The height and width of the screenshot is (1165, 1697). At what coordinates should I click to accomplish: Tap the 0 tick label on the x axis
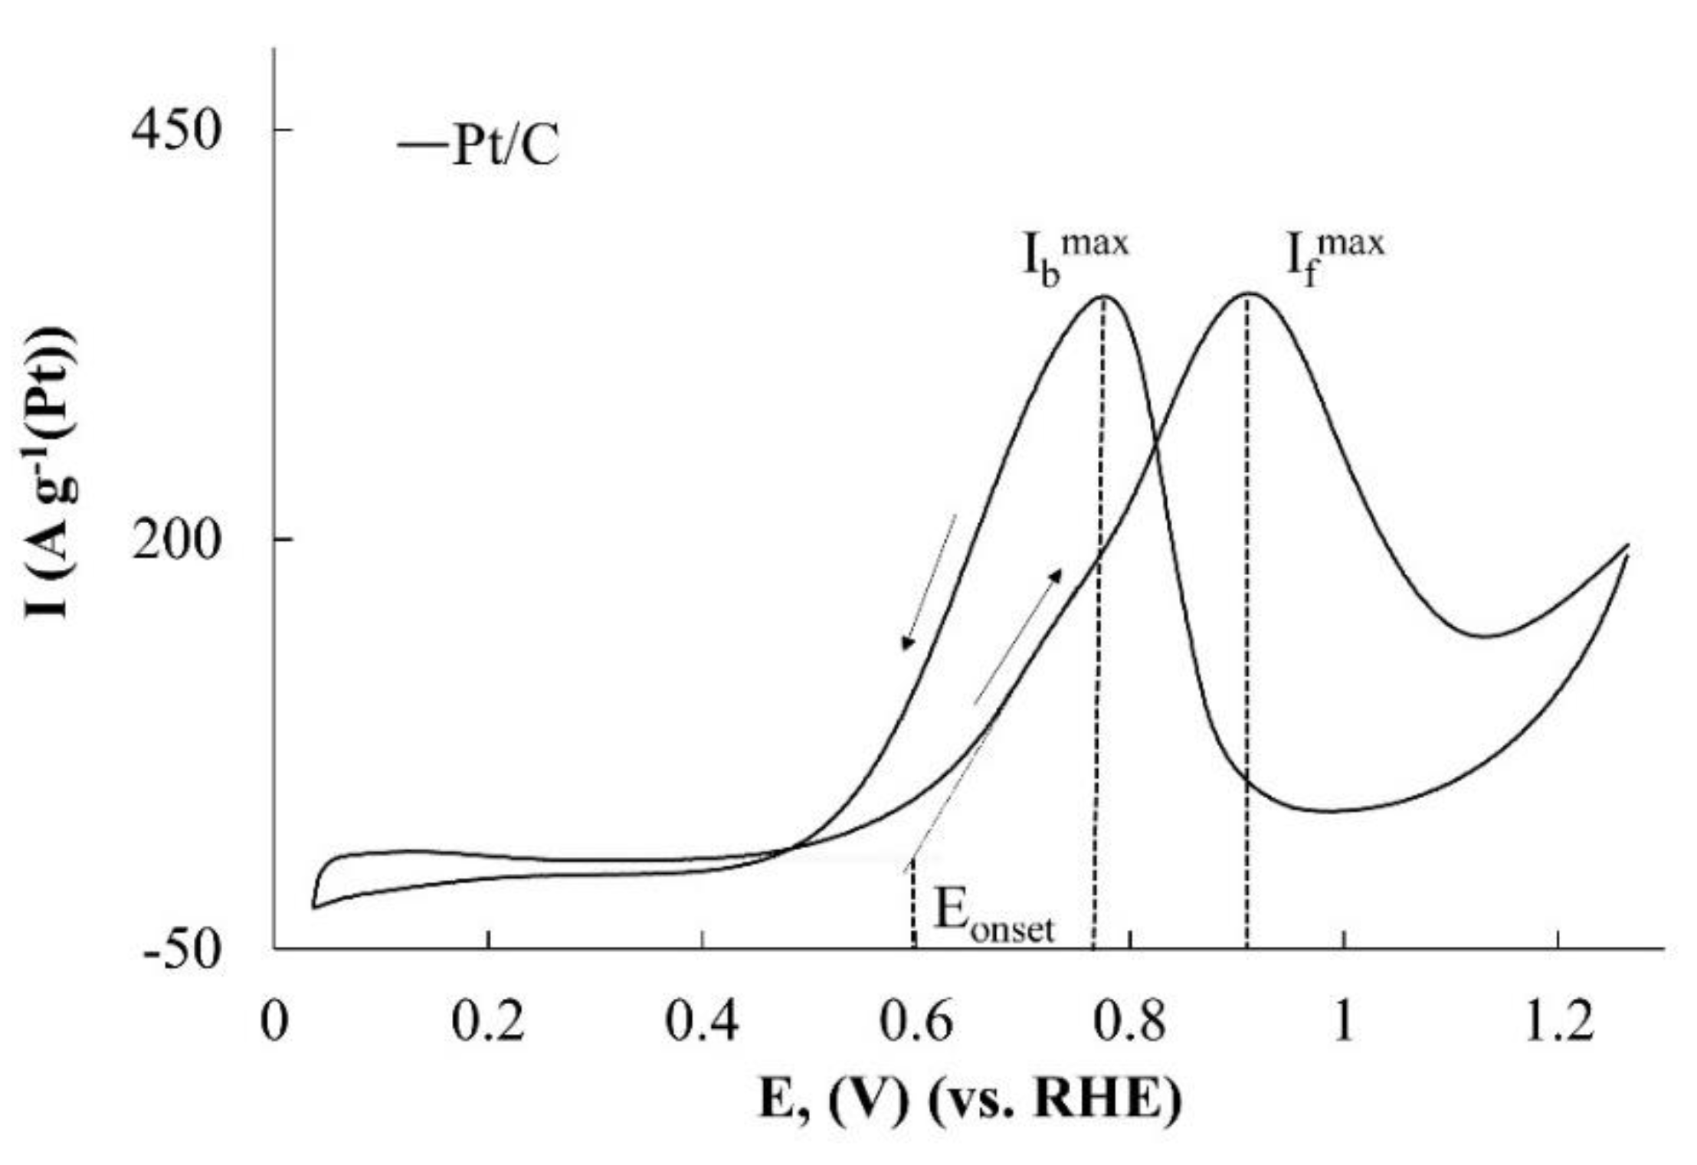tap(272, 1023)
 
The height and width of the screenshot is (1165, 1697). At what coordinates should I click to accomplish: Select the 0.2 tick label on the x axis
tap(487, 1023)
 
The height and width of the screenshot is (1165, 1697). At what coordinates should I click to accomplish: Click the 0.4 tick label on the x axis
tap(702, 1023)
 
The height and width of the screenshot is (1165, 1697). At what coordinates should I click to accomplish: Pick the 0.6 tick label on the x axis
tap(916, 1023)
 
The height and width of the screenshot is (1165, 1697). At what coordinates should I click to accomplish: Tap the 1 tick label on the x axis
tap(1344, 1023)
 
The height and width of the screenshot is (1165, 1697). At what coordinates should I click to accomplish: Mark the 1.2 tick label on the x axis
tap(1558, 1023)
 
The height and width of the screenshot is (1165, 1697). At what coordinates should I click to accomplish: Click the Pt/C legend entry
tap(480, 146)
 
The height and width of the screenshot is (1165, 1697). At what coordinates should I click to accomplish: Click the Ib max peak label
tap(1076, 259)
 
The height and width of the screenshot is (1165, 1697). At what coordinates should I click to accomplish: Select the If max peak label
tap(1334, 259)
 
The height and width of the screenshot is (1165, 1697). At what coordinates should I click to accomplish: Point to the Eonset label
tap(993, 918)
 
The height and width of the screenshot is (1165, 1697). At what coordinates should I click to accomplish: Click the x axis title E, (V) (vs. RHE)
tap(970, 1101)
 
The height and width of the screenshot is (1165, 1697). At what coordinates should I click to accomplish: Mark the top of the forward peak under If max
tap(1247, 293)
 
